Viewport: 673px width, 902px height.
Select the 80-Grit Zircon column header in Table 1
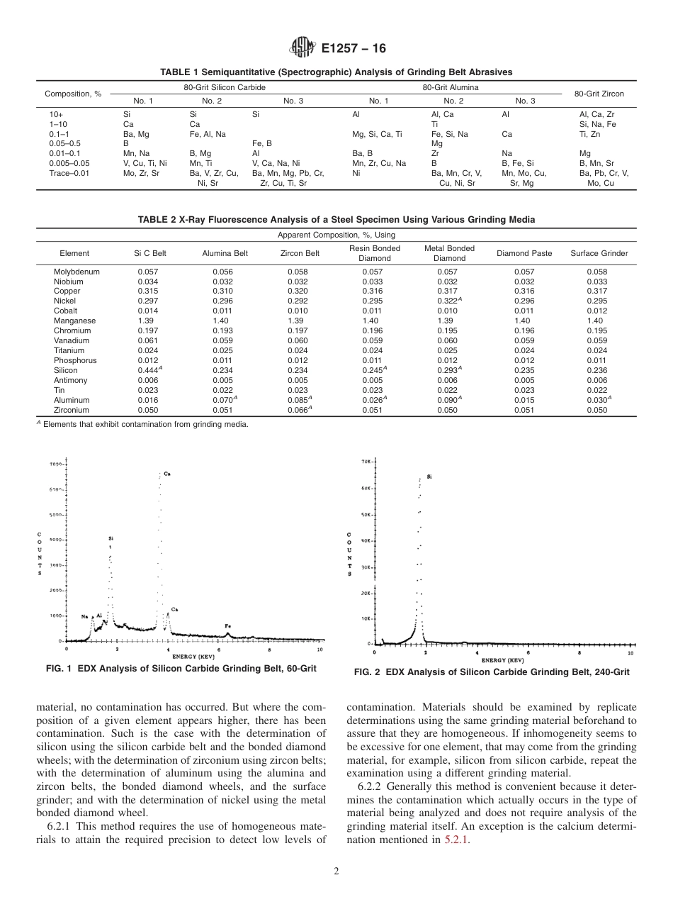[599, 94]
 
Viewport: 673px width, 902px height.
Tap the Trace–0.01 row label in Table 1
[65, 173]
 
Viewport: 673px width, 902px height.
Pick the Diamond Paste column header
[524, 253]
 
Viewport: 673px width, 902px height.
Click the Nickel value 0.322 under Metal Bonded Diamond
[449, 301]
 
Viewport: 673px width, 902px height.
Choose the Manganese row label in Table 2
[74, 321]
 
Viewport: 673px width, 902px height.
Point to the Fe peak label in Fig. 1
[227, 625]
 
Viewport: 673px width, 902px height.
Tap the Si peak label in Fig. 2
[429, 477]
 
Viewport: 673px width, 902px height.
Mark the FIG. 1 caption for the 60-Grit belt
[181, 669]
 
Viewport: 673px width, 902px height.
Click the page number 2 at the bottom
[336, 872]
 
